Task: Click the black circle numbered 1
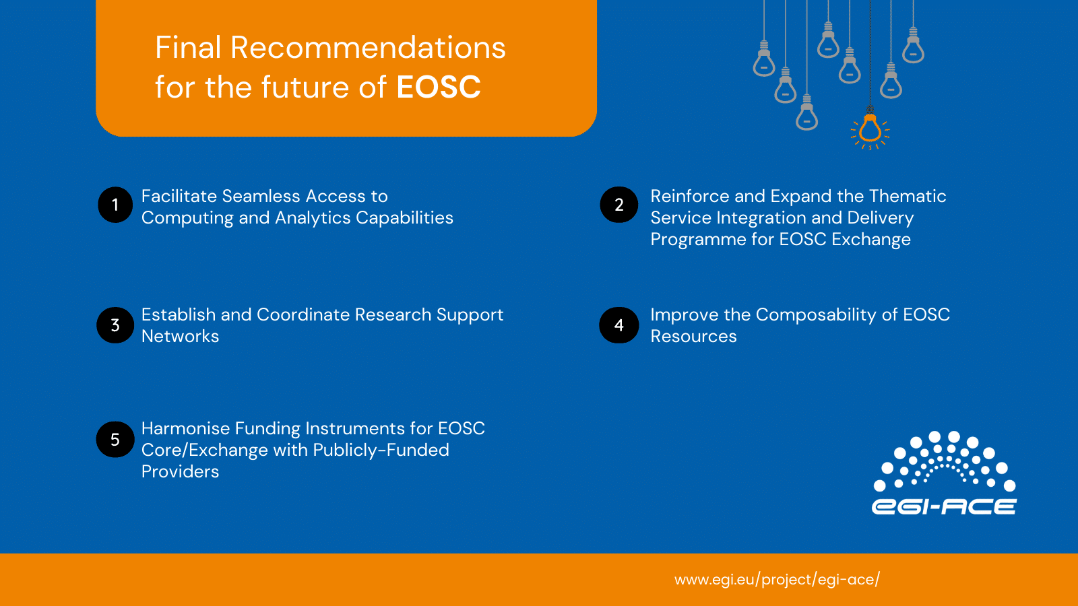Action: pos(115,205)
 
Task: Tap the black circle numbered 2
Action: pos(619,205)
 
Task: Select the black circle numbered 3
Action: pos(115,325)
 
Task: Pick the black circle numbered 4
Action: pos(619,325)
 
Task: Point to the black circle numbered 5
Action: pos(115,439)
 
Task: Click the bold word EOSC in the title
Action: pos(439,87)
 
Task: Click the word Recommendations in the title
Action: pos(368,48)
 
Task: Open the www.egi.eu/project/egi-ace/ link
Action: pos(778,580)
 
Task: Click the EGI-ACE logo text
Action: pos(944,506)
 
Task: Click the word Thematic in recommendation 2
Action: pos(907,196)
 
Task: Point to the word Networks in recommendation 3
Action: pos(180,336)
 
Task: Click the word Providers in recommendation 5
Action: pos(180,472)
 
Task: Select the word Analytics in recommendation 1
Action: pos(313,218)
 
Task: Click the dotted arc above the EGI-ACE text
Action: pos(944,461)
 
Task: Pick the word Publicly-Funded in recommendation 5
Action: pos(381,450)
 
